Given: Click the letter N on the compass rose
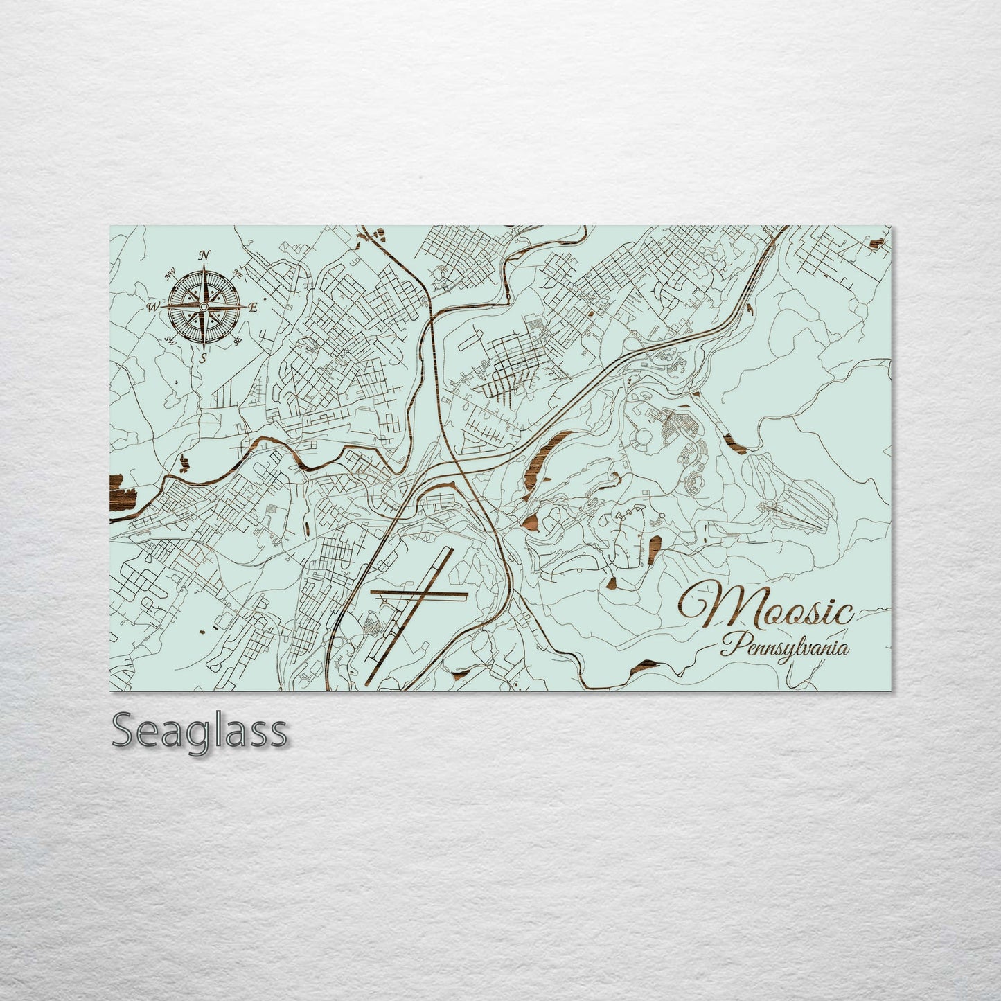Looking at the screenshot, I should click(204, 256).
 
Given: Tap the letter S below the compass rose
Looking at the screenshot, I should click(203, 358).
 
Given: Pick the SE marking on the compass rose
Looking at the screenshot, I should click(238, 341).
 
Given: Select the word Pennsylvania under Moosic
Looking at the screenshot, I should click(784, 649).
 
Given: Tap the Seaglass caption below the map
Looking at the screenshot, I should click(199, 731).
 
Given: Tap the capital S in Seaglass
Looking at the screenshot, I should click(125, 731).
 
